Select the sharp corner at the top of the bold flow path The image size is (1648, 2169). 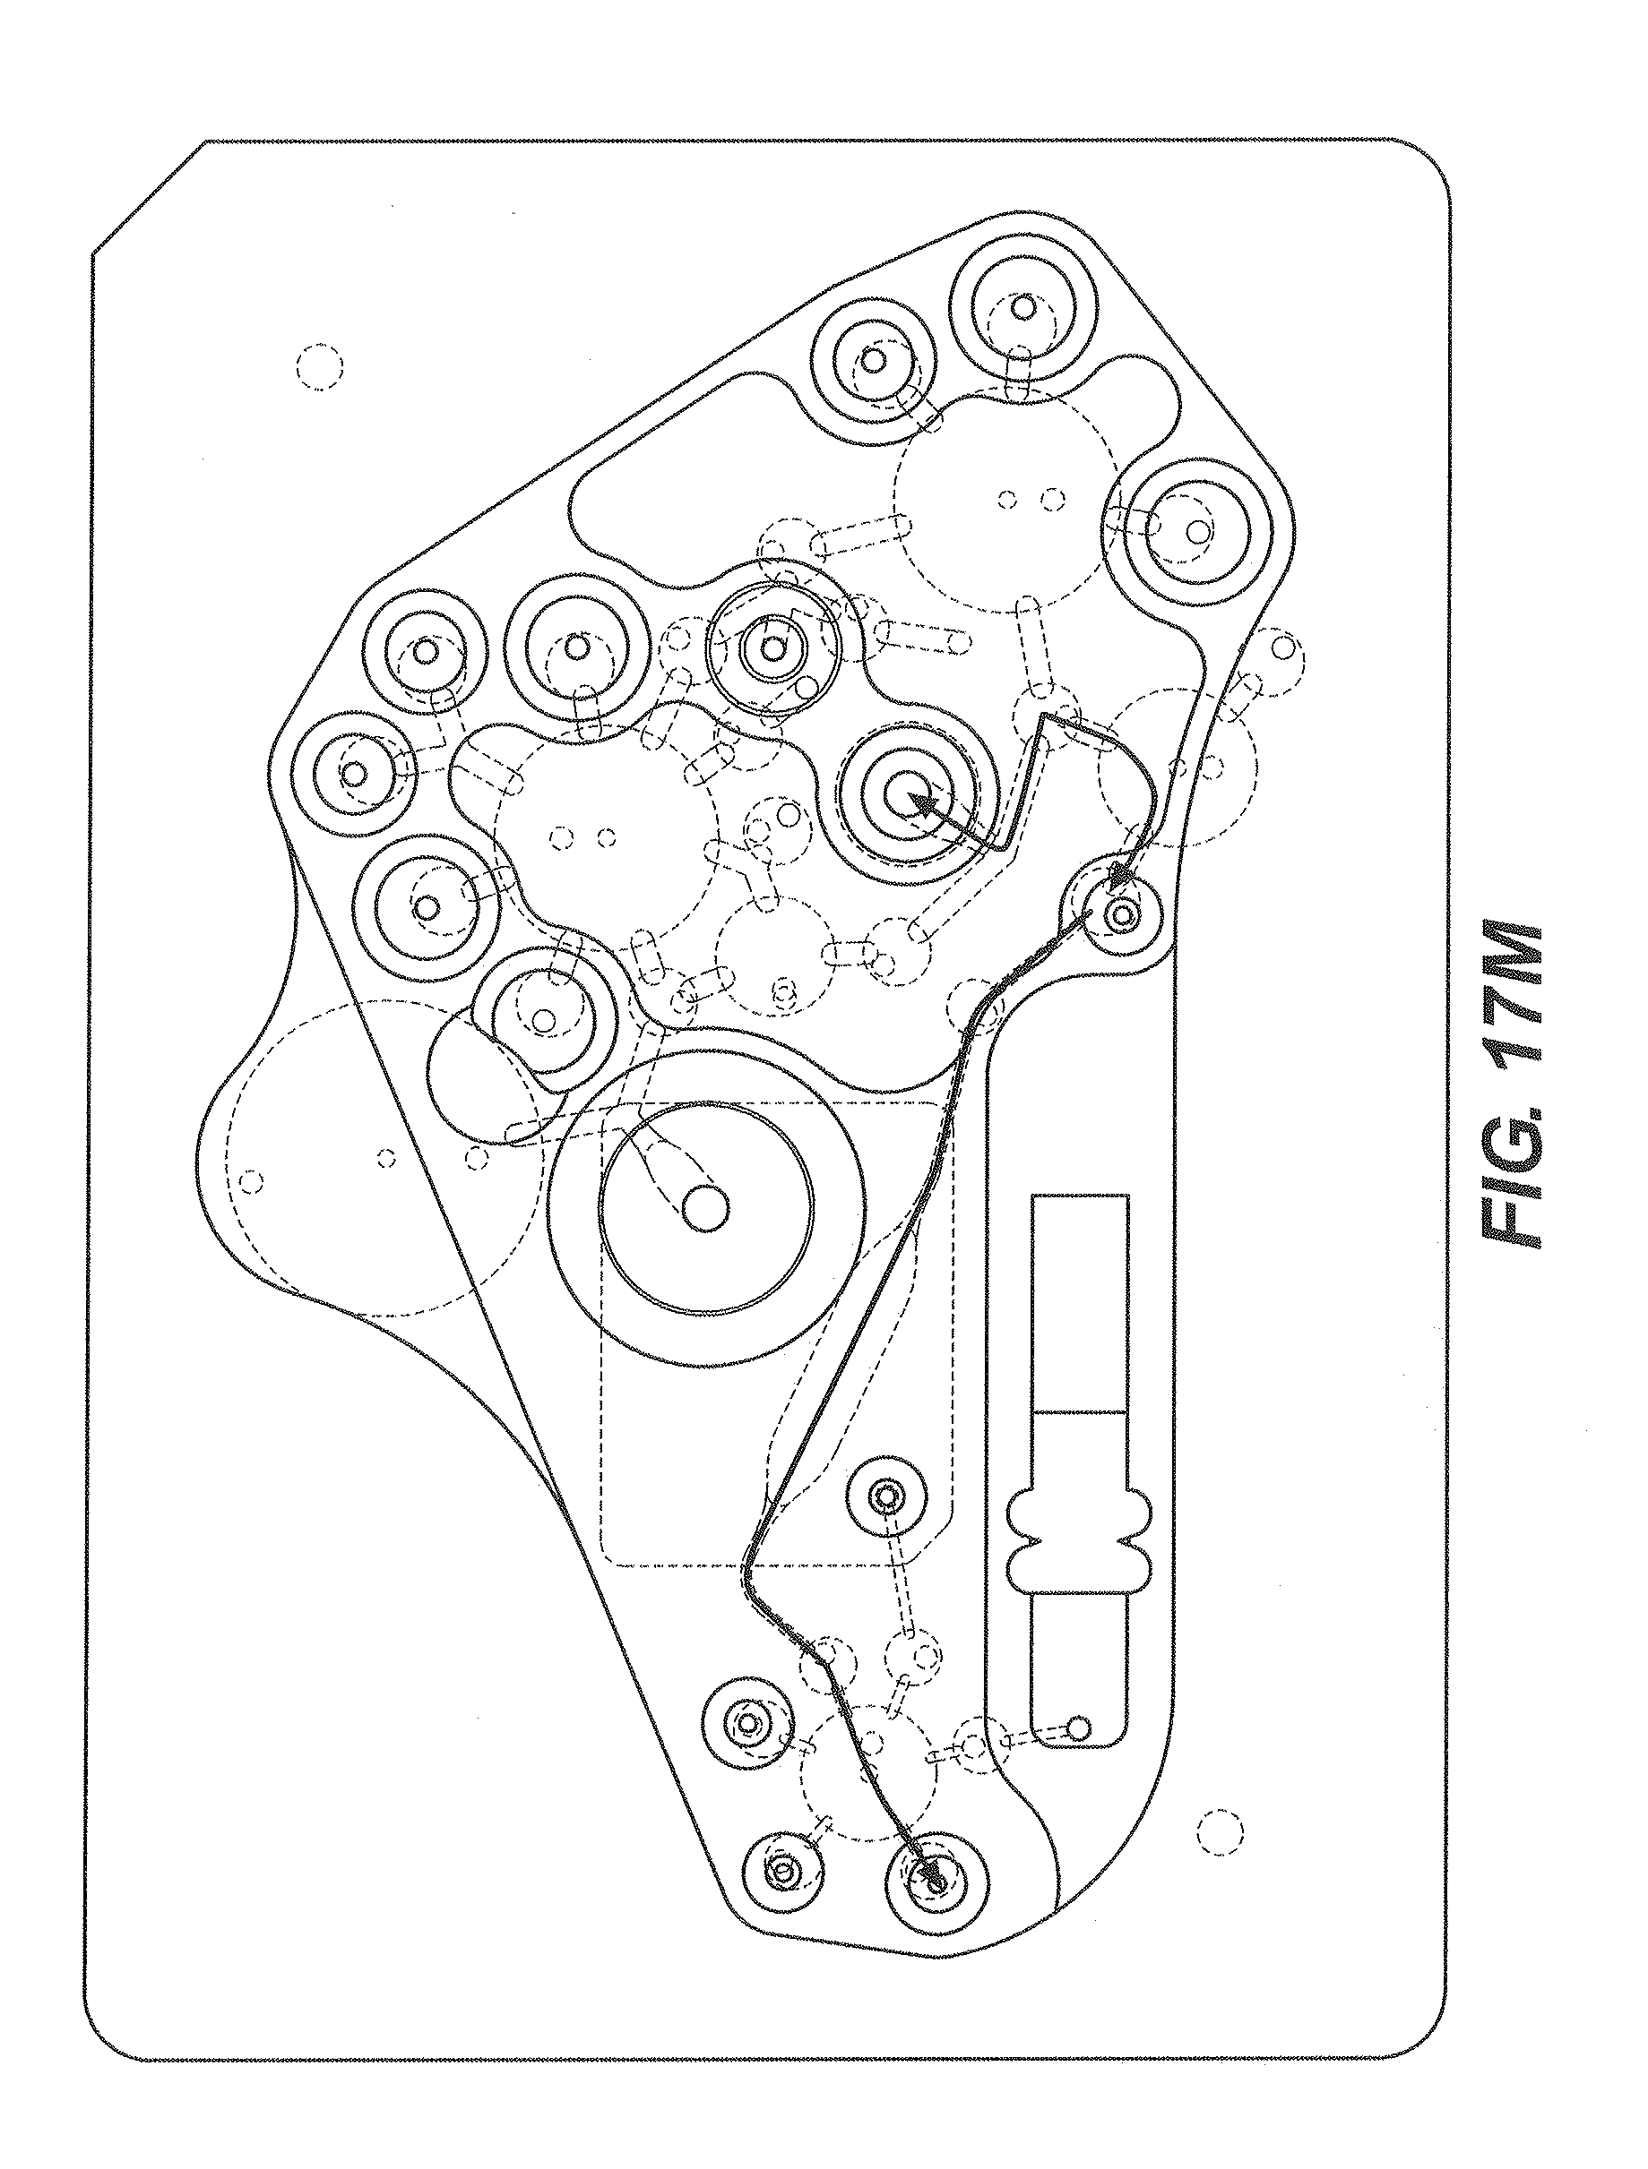(x=1042, y=715)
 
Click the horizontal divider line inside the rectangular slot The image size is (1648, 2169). (x=1079, y=1411)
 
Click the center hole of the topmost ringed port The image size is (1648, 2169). (x=1022, y=307)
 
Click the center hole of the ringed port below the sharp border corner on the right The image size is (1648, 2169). (x=1196, y=530)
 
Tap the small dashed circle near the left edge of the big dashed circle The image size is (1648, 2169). (x=250, y=1180)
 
